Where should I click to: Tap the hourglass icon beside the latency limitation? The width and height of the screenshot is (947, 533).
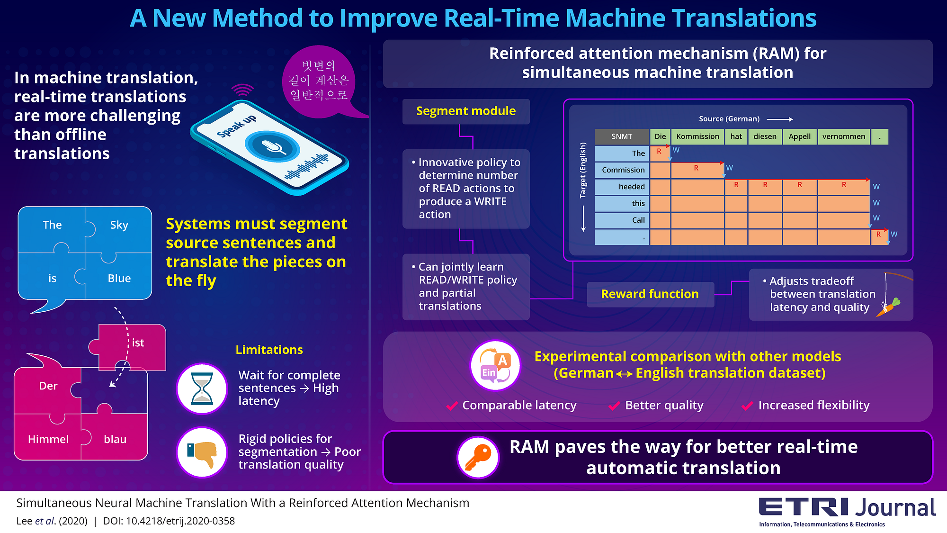pyautogui.click(x=202, y=388)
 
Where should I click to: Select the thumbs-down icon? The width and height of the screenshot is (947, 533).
pyautogui.click(x=203, y=452)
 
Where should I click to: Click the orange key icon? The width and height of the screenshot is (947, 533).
pyautogui.click(x=478, y=457)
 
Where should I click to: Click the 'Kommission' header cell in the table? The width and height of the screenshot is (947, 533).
pyautogui.click(x=697, y=136)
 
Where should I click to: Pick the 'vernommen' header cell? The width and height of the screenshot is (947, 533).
pyautogui.click(x=843, y=136)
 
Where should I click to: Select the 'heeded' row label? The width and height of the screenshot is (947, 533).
pyautogui.click(x=622, y=187)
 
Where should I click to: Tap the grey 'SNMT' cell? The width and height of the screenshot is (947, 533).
pyautogui.click(x=622, y=136)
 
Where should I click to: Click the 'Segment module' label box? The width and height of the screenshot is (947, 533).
pyautogui.click(x=466, y=111)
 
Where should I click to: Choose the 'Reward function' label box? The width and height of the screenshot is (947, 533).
pyautogui.click(x=650, y=294)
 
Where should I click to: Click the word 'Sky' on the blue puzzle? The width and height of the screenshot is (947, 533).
pyautogui.click(x=119, y=225)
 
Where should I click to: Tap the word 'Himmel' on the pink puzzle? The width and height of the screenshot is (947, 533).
pyautogui.click(x=48, y=439)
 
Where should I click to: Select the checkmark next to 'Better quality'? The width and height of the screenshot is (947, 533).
pyautogui.click(x=615, y=406)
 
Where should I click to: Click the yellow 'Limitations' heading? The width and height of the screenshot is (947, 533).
pyautogui.click(x=269, y=350)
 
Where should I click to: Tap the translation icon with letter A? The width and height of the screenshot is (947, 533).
pyautogui.click(x=495, y=365)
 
